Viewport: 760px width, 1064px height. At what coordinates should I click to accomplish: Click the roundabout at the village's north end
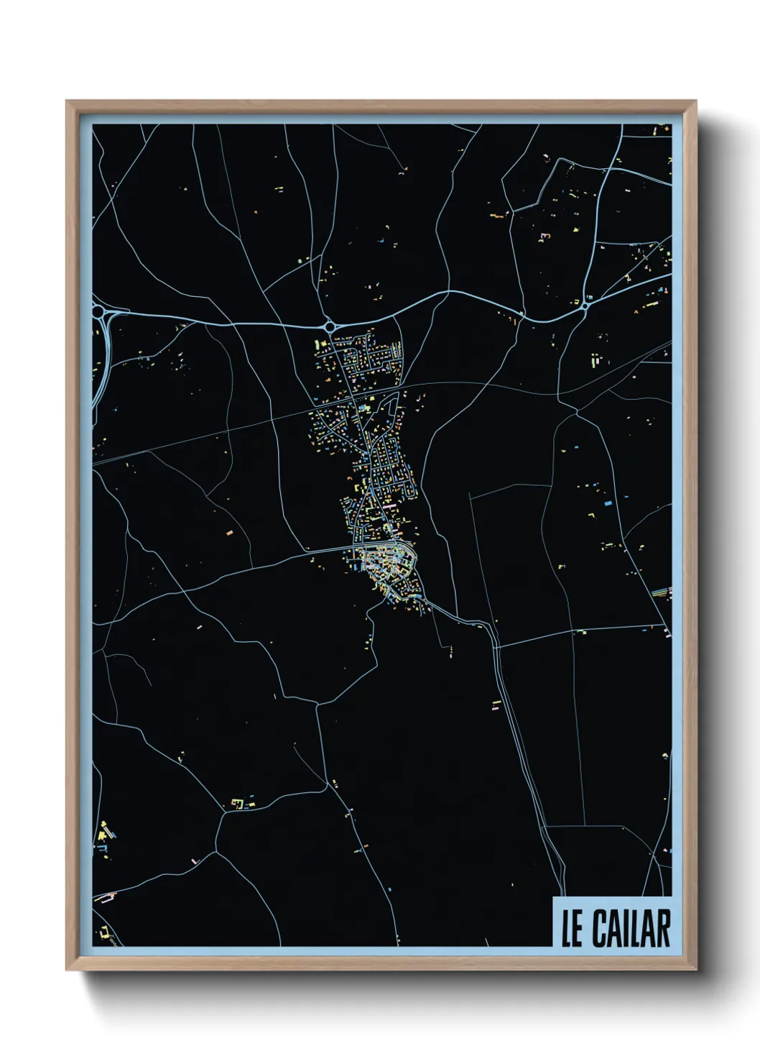(x=330, y=326)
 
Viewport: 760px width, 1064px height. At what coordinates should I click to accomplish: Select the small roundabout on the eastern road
(x=585, y=306)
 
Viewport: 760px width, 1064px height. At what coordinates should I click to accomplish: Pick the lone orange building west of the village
(x=230, y=533)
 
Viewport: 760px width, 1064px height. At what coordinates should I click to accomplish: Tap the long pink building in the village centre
(x=388, y=507)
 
